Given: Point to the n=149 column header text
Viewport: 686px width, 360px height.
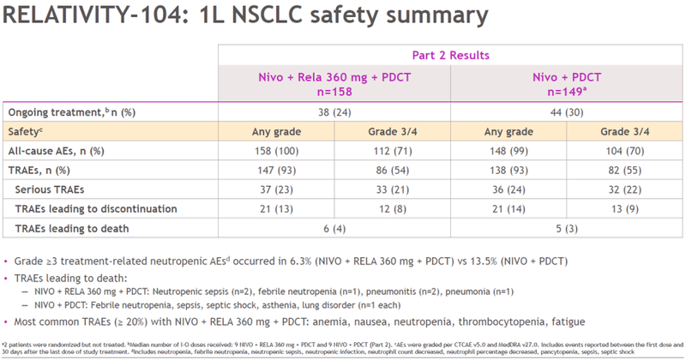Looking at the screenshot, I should tap(567, 91).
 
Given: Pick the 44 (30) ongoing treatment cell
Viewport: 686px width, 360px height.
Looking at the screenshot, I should tap(566, 112).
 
